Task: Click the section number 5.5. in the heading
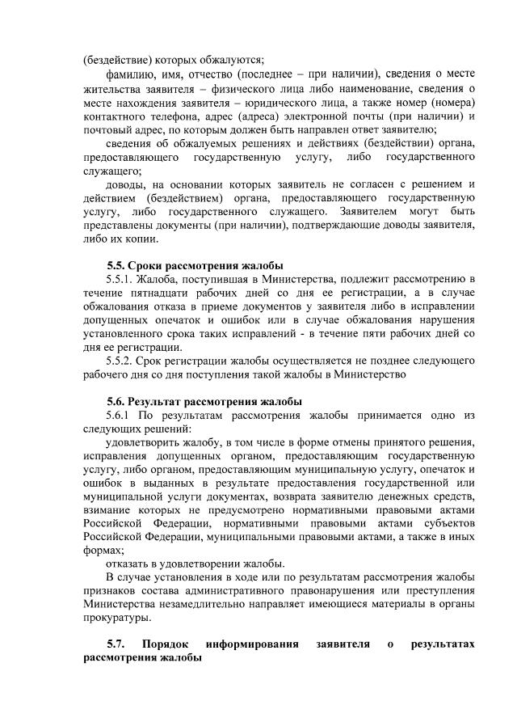point(116,267)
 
